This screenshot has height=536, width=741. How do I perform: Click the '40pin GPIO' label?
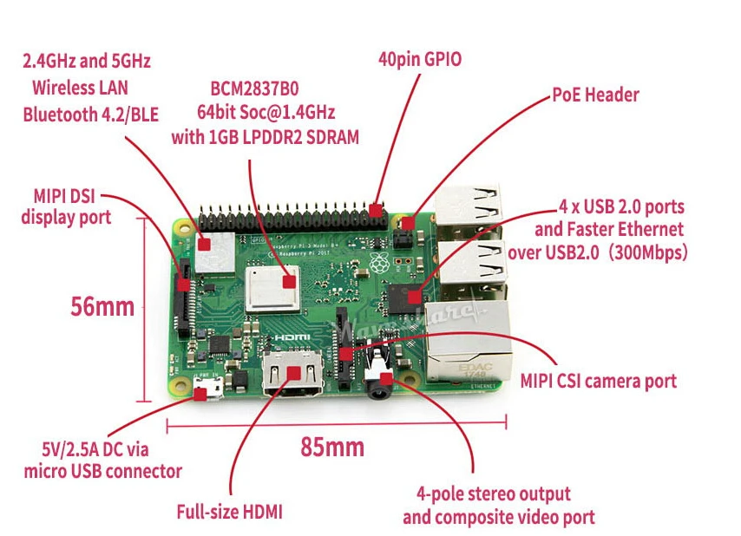[420, 60]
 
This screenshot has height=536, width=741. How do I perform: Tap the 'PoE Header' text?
[595, 95]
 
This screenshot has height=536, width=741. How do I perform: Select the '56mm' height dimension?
[102, 306]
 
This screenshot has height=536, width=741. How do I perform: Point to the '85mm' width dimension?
[332, 447]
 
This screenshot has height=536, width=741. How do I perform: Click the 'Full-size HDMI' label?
[230, 512]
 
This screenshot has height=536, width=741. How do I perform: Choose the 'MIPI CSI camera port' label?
[599, 381]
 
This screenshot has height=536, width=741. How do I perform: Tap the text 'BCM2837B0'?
[254, 88]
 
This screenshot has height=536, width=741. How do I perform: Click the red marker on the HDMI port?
[294, 373]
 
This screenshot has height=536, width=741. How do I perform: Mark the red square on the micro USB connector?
[200, 394]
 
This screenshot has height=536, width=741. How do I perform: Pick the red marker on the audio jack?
[386, 378]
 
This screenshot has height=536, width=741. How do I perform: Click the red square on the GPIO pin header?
[375, 211]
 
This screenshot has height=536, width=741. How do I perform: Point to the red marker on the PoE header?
[409, 223]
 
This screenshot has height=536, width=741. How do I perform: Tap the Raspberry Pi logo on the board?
[379, 263]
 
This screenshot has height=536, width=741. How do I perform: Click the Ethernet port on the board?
[469, 341]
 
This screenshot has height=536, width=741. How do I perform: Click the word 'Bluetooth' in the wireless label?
[61, 114]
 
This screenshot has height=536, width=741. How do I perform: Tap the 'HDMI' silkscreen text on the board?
[292, 337]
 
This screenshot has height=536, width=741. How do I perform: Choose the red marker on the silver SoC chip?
[289, 283]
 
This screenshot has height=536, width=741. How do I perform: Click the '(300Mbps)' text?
[647, 252]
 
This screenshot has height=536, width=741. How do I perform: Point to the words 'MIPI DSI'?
[64, 196]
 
